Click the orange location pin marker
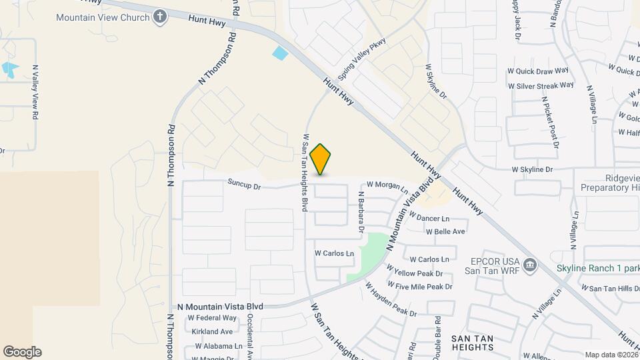pyautogui.click(x=321, y=159)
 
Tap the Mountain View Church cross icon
pyautogui.click(x=159, y=17)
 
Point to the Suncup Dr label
pyautogui.click(x=243, y=183)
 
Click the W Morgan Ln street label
pyautogui.click(x=387, y=184)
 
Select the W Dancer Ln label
pyautogui.click(x=429, y=218)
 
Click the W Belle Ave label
pyautogui.click(x=446, y=231)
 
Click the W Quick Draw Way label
pyautogui.click(x=538, y=71)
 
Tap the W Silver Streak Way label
pyautogui.click(x=541, y=85)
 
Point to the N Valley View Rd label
pyautogui.click(x=34, y=91)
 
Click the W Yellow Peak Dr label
pyautogui.click(x=419, y=273)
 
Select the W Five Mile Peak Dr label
pyautogui.click(x=423, y=287)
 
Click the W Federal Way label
pyautogui.click(x=212, y=318)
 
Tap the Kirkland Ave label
pyautogui.click(x=212, y=331)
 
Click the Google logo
pyautogui.click(x=22, y=352)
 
